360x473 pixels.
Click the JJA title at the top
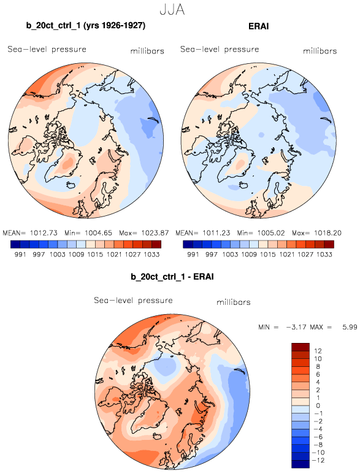coord(172,10)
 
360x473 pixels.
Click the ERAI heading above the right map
coord(258,26)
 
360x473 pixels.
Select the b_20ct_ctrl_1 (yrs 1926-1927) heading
coord(86,26)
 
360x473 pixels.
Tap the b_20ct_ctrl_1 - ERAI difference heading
coord(172,277)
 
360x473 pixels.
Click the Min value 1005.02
coord(271,233)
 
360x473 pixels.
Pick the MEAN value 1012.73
coord(44,233)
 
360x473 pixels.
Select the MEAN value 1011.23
coord(216,233)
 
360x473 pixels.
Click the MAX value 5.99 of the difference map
coord(350,327)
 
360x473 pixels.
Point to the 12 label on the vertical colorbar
coord(318,351)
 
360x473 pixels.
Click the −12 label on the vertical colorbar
coord(318,460)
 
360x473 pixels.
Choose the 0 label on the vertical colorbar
coord(318,406)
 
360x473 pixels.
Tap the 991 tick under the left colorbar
coord(20,255)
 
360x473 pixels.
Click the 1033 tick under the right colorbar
coord(324,255)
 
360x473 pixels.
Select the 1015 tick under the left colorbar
coord(95,255)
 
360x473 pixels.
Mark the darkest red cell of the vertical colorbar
coord(301,347)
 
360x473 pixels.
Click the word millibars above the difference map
coord(234,302)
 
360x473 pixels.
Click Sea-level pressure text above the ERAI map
coord(220,49)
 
